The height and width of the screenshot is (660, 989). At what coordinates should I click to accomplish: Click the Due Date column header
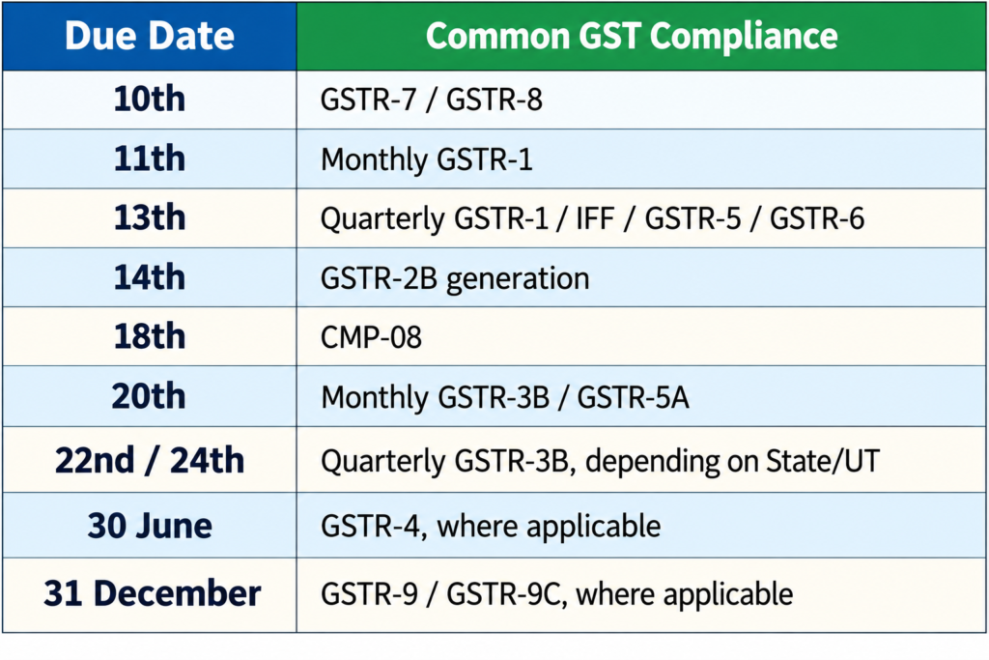(150, 36)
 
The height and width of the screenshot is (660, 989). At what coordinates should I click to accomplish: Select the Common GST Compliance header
(632, 36)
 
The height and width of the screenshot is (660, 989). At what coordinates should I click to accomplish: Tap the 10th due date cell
(150, 100)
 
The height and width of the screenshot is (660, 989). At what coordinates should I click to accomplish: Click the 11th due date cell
(150, 158)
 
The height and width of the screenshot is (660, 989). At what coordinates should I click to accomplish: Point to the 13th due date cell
(150, 217)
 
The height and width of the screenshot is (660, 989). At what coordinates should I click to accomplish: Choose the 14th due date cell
(150, 277)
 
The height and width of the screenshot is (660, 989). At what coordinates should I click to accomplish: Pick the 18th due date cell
(150, 336)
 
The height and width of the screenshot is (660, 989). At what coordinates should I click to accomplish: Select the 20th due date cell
(150, 396)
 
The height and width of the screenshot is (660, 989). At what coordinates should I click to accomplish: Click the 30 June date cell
(150, 526)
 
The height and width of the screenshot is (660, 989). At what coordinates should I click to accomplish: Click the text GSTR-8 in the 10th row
(494, 100)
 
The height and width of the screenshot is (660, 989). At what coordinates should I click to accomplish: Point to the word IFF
(595, 218)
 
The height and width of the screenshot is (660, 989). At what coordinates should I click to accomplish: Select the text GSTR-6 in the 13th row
(817, 218)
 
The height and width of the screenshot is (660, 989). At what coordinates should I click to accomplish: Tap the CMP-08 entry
(371, 337)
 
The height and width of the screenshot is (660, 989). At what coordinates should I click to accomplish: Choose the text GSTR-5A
(633, 397)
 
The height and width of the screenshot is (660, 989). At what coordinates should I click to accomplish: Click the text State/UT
(823, 461)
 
